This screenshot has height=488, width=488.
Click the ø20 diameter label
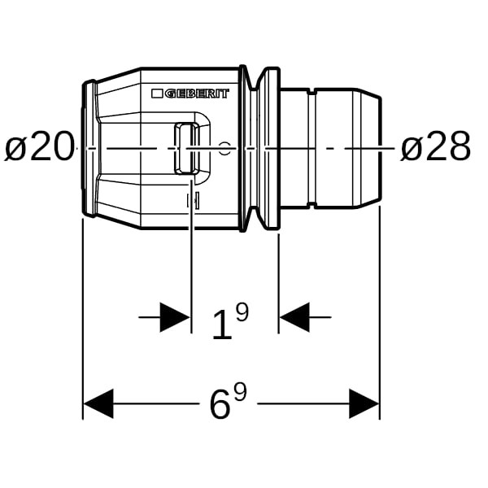coord(40,146)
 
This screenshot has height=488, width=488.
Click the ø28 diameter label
coord(435,146)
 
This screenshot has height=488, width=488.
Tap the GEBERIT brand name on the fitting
coord(197,94)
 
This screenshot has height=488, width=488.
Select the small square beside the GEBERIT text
coord(157,94)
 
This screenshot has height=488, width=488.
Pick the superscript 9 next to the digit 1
coord(242,312)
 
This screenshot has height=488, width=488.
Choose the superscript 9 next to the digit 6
coord(240,392)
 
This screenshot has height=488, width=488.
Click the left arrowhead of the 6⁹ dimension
coord(98,403)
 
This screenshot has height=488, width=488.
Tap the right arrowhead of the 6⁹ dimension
coord(364,403)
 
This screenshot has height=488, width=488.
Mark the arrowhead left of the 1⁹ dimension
coord(175,317)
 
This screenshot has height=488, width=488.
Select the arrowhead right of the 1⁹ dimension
coord(294,317)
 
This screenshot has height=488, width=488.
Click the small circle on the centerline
coord(224,149)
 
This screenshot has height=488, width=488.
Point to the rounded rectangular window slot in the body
coord(187,148)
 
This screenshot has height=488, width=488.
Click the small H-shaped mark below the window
coord(193,201)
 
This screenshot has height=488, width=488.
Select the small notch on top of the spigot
coord(312,92)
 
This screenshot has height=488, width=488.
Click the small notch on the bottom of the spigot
coord(312,205)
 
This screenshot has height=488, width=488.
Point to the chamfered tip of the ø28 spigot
coord(368,148)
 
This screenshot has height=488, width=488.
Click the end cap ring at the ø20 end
coord(89,148)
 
